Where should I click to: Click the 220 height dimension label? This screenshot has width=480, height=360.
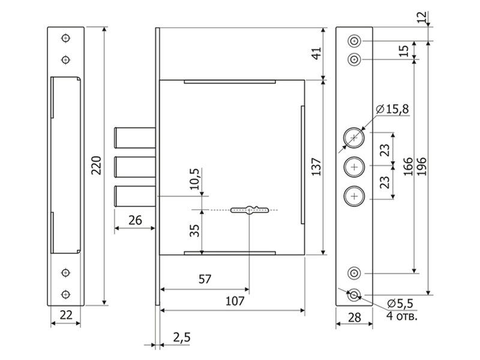[97, 166]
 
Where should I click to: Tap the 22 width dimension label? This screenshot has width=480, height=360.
[66, 314]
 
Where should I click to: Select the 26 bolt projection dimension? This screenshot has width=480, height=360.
[135, 220]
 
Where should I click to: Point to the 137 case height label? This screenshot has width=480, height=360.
[316, 167]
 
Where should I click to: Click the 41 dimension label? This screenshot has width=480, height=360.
[316, 53]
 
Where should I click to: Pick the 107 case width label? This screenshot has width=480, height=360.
[235, 301]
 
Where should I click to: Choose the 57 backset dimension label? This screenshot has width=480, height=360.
[205, 279]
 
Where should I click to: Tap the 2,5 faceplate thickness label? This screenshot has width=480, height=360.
[182, 337]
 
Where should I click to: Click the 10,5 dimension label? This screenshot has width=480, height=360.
[194, 179]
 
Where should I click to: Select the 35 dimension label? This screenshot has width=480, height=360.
[194, 231]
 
